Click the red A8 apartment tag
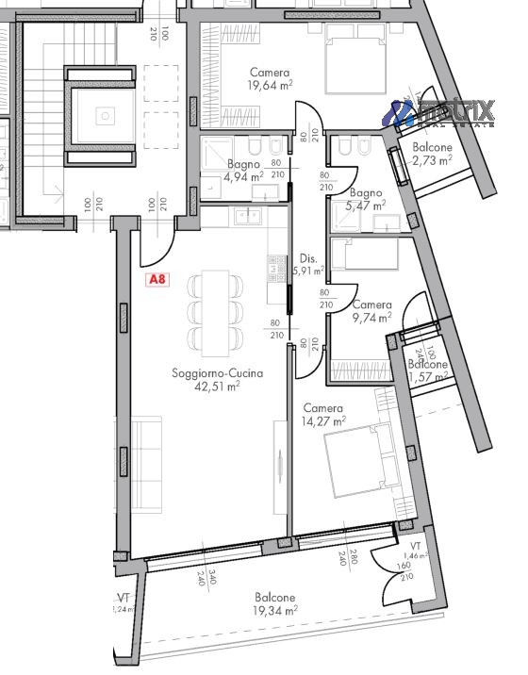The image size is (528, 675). [x=158, y=280]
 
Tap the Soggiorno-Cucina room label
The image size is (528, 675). [x=217, y=373]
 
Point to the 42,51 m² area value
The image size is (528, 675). [x=217, y=386]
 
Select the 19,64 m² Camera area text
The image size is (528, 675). [x=270, y=86]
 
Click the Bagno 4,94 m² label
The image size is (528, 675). [x=243, y=169]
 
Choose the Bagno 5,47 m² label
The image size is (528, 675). [x=366, y=198]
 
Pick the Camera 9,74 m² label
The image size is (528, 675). [x=371, y=312]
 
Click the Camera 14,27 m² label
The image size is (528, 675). [x=323, y=415]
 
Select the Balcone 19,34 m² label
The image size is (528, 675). [x=273, y=604]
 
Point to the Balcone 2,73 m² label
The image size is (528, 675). [x=432, y=155]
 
